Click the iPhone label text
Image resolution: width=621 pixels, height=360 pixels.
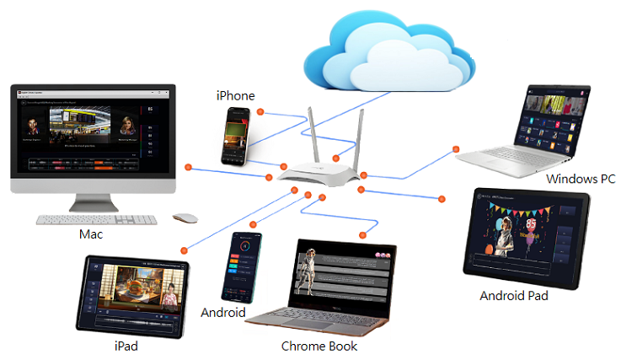coord(235,95)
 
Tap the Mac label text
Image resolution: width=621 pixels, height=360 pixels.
coord(90,234)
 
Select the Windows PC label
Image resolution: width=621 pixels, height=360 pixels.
coord(581,179)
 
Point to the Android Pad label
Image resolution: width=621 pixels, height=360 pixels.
coord(513,296)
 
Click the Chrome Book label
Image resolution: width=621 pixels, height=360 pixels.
coord(319,346)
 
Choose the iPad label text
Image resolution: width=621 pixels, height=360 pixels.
coord(126,346)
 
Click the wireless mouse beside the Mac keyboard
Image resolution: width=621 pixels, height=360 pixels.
coord(185,218)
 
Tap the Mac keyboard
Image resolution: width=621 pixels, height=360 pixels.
coord(96,219)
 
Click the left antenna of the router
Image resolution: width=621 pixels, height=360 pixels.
coord(308,136)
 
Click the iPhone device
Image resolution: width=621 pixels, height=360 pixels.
coord(236,135)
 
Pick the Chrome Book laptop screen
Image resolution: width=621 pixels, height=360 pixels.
coord(342,281)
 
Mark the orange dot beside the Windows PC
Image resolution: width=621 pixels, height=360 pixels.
coord(456,149)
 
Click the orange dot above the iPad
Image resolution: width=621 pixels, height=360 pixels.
coord(183,251)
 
